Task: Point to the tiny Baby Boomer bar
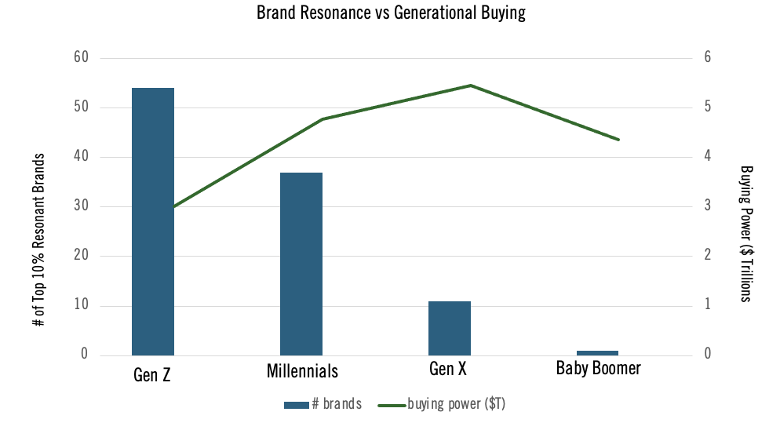(598, 353)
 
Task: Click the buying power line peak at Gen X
(470, 86)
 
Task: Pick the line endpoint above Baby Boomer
(618, 140)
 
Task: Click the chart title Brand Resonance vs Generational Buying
(391, 13)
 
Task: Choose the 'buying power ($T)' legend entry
(446, 404)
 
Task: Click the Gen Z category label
(152, 374)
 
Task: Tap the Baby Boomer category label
(598, 368)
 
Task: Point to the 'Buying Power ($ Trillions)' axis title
(745, 233)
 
